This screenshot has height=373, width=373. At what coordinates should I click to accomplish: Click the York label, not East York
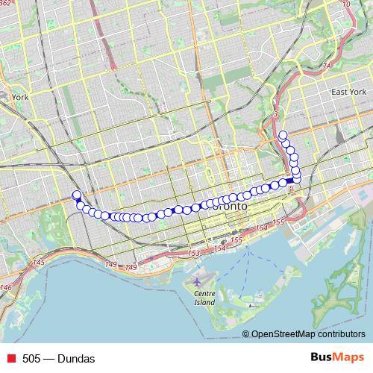pyautogui.click(x=19, y=96)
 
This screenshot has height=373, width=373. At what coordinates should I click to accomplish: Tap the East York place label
pyautogui.click(x=349, y=92)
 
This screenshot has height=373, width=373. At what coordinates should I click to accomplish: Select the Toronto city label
pyautogui.click(x=227, y=205)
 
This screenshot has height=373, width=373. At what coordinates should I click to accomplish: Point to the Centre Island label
pyautogui.click(x=204, y=298)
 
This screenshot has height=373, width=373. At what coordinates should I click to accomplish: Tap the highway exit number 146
pyautogui.click(x=7, y=287)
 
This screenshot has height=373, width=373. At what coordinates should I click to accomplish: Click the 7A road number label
pyautogui.click(x=325, y=66)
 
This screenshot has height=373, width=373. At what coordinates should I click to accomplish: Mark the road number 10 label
pyautogui.click(x=345, y=4)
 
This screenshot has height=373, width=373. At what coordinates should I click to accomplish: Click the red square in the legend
pyautogui.click(x=10, y=359)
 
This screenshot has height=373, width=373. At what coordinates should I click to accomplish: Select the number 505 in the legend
pyautogui.click(x=31, y=359)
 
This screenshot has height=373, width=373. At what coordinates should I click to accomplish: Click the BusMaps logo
pyautogui.click(x=339, y=358)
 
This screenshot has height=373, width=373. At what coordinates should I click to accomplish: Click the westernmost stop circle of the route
pyautogui.click(x=75, y=195)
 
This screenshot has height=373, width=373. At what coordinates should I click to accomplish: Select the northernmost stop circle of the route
pyautogui.click(x=282, y=135)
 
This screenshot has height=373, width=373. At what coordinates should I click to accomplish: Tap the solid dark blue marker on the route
pyautogui.click(x=289, y=181)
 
